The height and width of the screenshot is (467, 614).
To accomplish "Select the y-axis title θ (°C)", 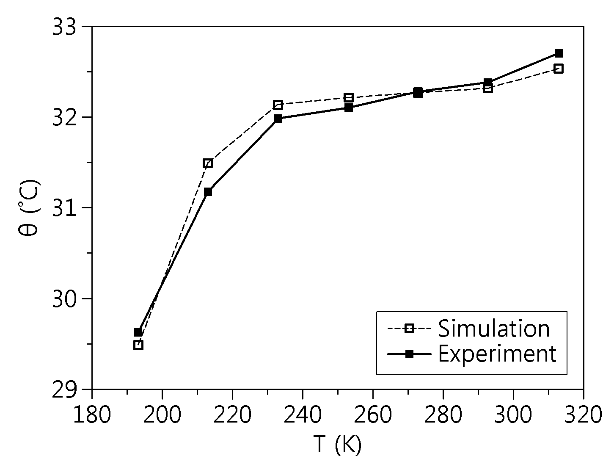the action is (x=29, y=207).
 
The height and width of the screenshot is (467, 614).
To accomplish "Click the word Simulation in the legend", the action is (x=494, y=329).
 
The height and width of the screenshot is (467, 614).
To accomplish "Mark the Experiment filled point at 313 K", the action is (x=559, y=53).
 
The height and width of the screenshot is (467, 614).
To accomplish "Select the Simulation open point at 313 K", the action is (x=559, y=69).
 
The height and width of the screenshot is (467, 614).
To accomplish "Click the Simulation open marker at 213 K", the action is (x=208, y=163).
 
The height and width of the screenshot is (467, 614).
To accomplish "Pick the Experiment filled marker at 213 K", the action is (x=208, y=192).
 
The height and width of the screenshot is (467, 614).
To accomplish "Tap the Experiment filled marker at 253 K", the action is (x=349, y=108).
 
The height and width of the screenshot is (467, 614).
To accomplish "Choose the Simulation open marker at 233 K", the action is (x=278, y=105).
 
